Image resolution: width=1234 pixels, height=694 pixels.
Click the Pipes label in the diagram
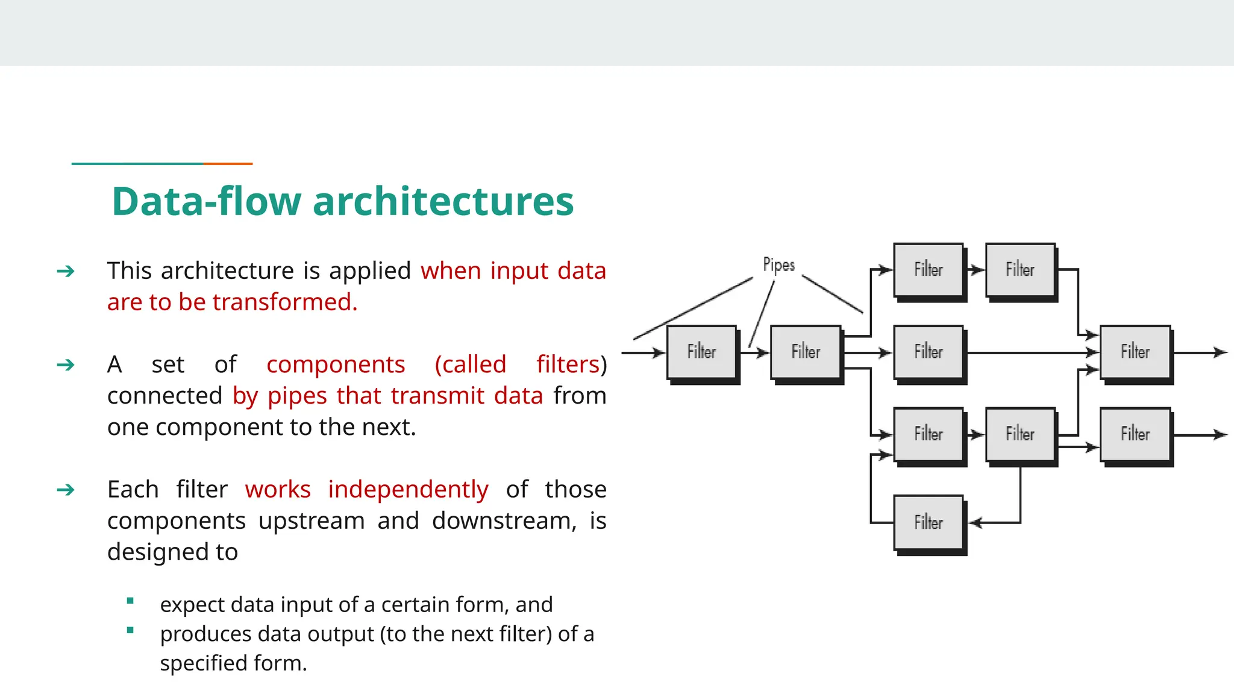pyautogui.click(x=778, y=265)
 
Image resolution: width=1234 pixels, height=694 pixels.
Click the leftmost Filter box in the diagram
pyautogui.click(x=701, y=352)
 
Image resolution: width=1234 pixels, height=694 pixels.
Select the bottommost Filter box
pyautogui.click(x=928, y=522)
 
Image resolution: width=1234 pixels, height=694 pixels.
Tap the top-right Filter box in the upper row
pyautogui.click(x=1020, y=269)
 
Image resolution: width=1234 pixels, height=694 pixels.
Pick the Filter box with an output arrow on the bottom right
pyautogui.click(x=1135, y=434)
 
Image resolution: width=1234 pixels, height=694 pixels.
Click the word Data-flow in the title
pyautogui.click(x=205, y=201)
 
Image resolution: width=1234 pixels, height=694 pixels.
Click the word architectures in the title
pyautogui.click(x=443, y=201)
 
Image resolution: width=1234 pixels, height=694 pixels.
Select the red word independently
pyautogui.click(x=408, y=489)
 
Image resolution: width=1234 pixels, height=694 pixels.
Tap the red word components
pyautogui.click(x=336, y=364)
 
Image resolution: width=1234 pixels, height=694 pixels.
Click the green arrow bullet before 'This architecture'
pyautogui.click(x=65, y=271)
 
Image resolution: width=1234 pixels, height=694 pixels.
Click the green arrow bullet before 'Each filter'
pyautogui.click(x=65, y=490)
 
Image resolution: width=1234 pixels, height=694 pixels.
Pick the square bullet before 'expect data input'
pyautogui.click(x=130, y=601)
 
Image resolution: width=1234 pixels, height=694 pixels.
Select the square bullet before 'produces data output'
pyautogui.click(x=130, y=631)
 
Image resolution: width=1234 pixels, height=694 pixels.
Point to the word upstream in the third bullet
pyautogui.click(x=312, y=520)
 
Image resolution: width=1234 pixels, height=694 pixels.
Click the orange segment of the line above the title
pyautogui.click(x=228, y=163)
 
